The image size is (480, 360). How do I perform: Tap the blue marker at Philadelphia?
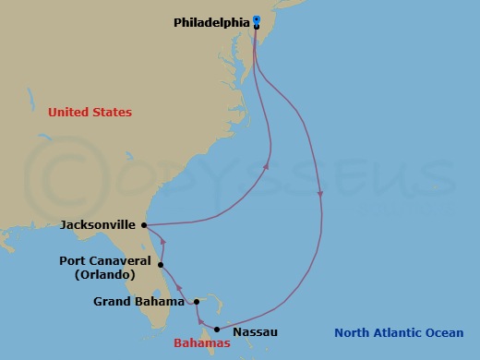click(257, 19)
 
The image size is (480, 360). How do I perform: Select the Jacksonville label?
click(98, 224)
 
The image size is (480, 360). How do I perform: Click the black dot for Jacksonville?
click(145, 224)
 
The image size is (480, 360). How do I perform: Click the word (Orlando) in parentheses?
click(103, 275)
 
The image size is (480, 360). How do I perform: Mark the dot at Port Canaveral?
click(161, 263)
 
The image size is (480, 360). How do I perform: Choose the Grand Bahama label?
click(138, 301)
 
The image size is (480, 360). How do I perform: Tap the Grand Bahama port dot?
click(196, 301)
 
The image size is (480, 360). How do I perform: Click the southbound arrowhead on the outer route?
click(319, 195)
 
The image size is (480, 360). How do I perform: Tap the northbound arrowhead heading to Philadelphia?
click(267, 167)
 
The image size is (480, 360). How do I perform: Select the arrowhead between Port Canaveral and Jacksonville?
click(162, 243)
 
